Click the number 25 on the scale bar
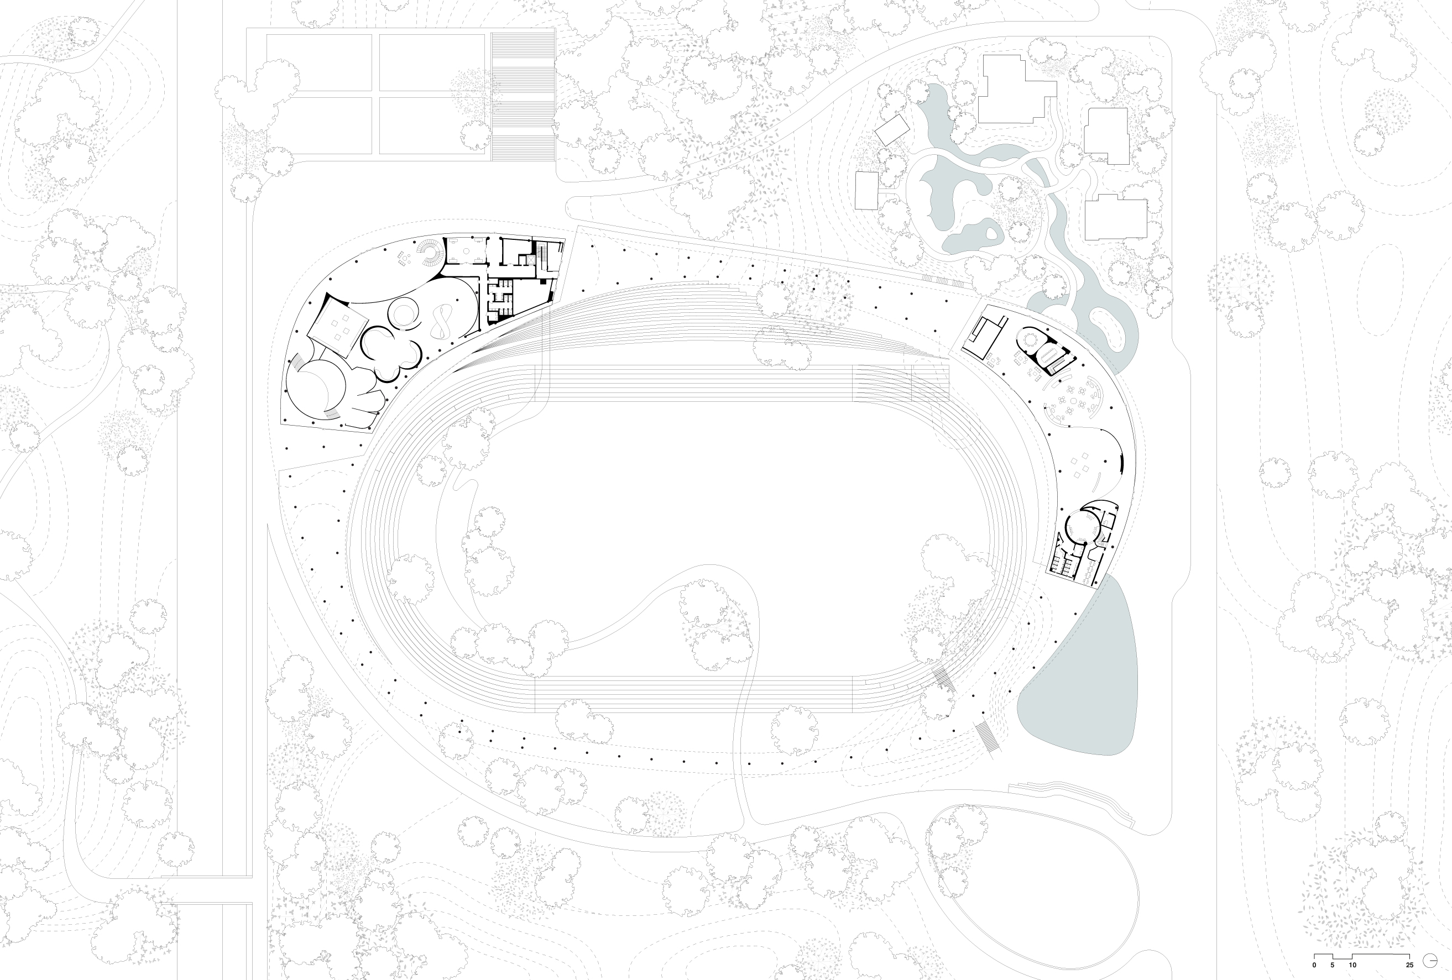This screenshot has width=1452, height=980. pyautogui.click(x=1409, y=965)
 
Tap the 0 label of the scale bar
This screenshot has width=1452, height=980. pyautogui.click(x=1314, y=965)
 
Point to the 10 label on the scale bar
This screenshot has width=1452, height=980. pyautogui.click(x=1352, y=965)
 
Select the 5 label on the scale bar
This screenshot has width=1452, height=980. pyautogui.click(x=1333, y=965)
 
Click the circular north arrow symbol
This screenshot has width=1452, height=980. pyautogui.click(x=1429, y=960)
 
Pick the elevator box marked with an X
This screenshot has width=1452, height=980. pyautogui.click(x=533, y=259)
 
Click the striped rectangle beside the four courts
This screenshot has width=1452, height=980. pyautogui.click(x=524, y=97)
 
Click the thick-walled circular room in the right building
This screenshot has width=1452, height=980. pyautogui.click(x=1080, y=528)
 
